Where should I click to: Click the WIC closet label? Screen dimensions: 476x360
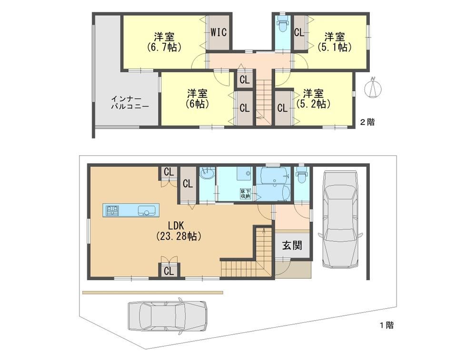pos(218,32)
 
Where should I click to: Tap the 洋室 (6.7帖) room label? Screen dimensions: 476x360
pos(164,42)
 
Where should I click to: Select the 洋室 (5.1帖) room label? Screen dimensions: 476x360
pos(335,42)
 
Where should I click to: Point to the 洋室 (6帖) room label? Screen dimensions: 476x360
pos(198,98)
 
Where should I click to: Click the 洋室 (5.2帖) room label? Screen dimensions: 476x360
pos(313,98)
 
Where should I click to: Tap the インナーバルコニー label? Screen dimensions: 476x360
pos(129,103)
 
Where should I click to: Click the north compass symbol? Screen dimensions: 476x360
pos(374,88)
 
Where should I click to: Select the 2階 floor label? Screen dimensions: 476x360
pos(367,122)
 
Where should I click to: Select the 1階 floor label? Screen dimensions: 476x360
pos(387,325)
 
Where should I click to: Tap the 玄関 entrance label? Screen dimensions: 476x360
pos(292,245)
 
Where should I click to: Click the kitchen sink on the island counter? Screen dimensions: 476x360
pos(147,211)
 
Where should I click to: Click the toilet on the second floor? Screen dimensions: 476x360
pos(282,25)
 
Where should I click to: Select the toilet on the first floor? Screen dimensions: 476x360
pos(302,175)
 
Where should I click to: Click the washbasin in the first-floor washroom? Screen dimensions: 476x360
pos(208,175)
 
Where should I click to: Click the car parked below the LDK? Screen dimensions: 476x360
pos(167,316)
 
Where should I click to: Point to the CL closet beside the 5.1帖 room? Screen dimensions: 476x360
pos(299,32)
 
